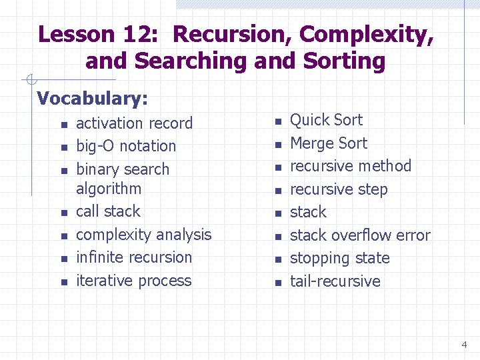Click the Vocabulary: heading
click(x=93, y=99)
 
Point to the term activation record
click(x=134, y=123)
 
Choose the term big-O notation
click(x=126, y=146)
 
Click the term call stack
click(x=108, y=211)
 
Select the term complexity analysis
click(x=143, y=235)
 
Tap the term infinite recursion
click(x=134, y=257)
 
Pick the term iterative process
click(x=133, y=281)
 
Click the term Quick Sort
click(x=326, y=120)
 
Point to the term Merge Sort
click(x=328, y=143)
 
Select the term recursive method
click(x=351, y=166)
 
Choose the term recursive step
click(x=339, y=189)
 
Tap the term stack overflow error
click(x=360, y=235)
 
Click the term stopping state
click(x=339, y=258)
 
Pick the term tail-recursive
click(x=335, y=281)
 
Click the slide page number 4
click(x=464, y=345)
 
